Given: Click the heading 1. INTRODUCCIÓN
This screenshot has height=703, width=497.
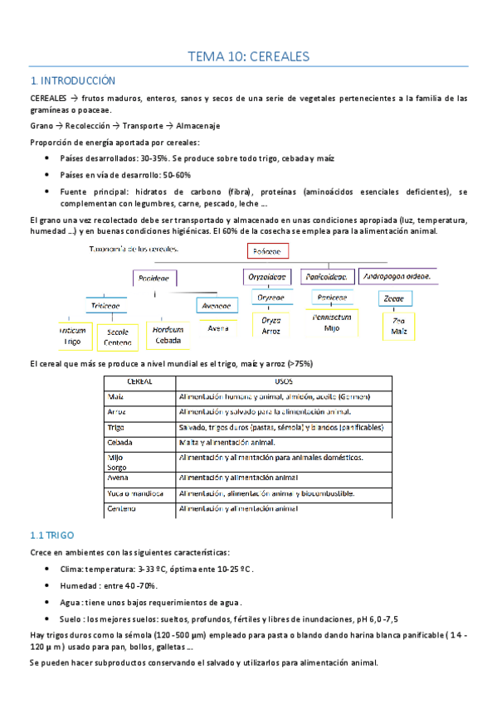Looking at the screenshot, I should pyautogui.click(x=72, y=80).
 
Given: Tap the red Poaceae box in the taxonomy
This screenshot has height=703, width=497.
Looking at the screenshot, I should pyautogui.click(x=266, y=250).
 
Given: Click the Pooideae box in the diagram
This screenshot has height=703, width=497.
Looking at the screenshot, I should pyautogui.click(x=153, y=279).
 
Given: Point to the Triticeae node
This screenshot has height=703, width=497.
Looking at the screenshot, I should pyautogui.click(x=105, y=305).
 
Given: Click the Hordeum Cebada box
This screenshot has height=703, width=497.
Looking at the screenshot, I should pyautogui.click(x=168, y=334).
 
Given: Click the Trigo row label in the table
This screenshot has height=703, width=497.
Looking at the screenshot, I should pyautogui.click(x=116, y=428).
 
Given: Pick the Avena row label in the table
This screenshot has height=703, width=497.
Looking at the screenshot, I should pyautogui.click(x=118, y=478).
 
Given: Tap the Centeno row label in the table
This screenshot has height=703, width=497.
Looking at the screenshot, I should pyautogui.click(x=122, y=508).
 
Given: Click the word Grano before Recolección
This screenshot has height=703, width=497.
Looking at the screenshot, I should pyautogui.click(x=41, y=126).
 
